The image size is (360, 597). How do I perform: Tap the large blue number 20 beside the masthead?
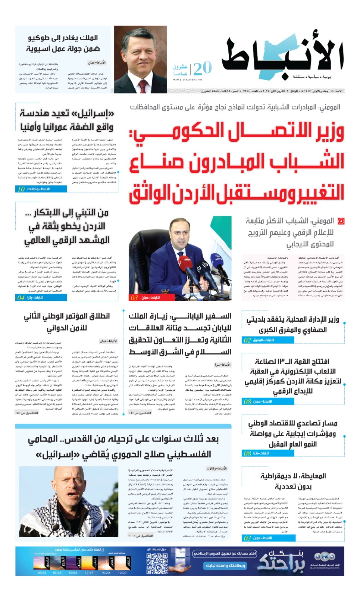click(x=203, y=68)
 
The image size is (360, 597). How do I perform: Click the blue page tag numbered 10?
click(x=41, y=189)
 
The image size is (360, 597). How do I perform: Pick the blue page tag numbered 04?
click(x=41, y=297)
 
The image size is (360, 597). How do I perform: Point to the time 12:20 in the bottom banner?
click(x=122, y=573)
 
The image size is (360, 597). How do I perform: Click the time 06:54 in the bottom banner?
click(x=42, y=573)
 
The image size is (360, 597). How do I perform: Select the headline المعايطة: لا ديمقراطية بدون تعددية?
click(x=293, y=481)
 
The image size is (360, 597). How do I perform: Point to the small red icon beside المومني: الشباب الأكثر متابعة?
click(x=341, y=221)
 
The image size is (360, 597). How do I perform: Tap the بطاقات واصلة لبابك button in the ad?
click(x=225, y=565)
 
